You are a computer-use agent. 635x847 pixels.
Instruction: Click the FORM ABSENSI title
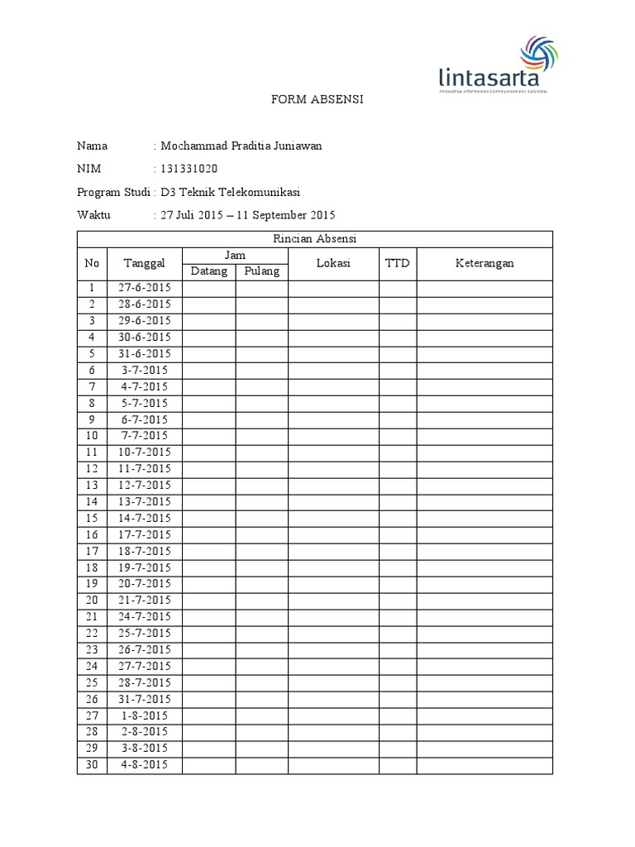point(318,99)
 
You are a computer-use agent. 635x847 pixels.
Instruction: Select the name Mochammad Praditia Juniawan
point(241,146)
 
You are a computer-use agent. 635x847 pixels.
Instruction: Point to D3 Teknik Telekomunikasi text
point(230,192)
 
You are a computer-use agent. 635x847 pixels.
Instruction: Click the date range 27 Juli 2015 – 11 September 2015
point(247,215)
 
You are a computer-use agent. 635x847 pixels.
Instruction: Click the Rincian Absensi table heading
point(314,239)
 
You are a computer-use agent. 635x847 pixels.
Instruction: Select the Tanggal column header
point(145,263)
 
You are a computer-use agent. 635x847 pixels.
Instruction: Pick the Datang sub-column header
point(209,271)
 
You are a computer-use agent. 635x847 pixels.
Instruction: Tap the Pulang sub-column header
point(262,271)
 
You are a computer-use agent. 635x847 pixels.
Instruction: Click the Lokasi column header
point(333,263)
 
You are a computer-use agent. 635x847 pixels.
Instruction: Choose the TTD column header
point(398,263)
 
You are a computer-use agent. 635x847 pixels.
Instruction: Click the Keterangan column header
point(484,263)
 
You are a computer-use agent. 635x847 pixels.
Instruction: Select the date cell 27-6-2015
point(145,288)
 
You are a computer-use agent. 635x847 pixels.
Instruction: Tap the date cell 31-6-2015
point(145,353)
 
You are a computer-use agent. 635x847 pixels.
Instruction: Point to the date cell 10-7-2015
point(145,452)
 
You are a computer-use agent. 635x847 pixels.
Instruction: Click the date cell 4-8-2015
point(145,764)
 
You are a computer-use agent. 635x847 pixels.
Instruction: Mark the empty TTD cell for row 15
point(398,518)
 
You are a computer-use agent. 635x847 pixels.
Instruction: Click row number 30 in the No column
point(92,764)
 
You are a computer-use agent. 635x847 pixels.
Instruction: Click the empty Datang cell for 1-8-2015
point(209,715)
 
